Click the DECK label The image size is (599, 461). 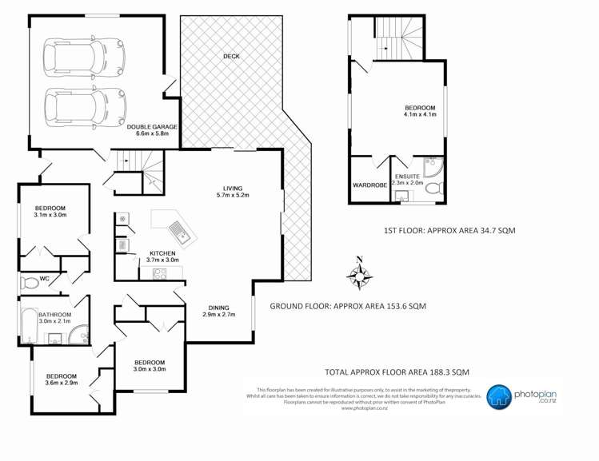(x=231, y=57)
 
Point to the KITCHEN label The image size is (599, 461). (x=162, y=256)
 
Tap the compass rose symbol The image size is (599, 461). (x=361, y=276)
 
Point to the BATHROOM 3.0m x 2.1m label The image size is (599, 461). (x=54, y=319)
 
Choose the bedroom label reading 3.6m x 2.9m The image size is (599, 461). (x=61, y=380)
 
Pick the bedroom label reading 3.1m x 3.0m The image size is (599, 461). (x=50, y=210)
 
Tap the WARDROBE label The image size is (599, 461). (x=369, y=185)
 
